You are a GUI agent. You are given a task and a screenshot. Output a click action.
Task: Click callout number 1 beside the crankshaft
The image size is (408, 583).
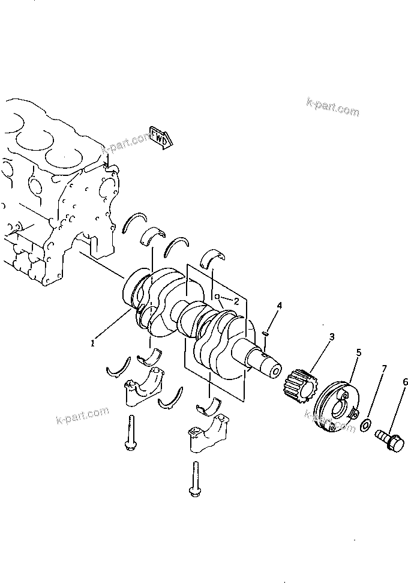(x=92, y=343)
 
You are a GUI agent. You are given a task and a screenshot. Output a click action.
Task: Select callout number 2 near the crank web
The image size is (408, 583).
(x=236, y=301)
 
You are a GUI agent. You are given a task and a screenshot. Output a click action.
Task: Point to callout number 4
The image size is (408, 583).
(x=278, y=306)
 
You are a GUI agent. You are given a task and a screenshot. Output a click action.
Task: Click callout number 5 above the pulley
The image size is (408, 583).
(x=358, y=352)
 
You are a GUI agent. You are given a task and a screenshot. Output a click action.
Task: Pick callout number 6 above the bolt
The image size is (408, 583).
(x=405, y=382)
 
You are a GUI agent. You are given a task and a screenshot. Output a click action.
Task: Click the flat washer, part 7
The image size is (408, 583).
(x=364, y=426)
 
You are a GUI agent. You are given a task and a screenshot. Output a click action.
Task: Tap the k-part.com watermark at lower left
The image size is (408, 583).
(x=82, y=415)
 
